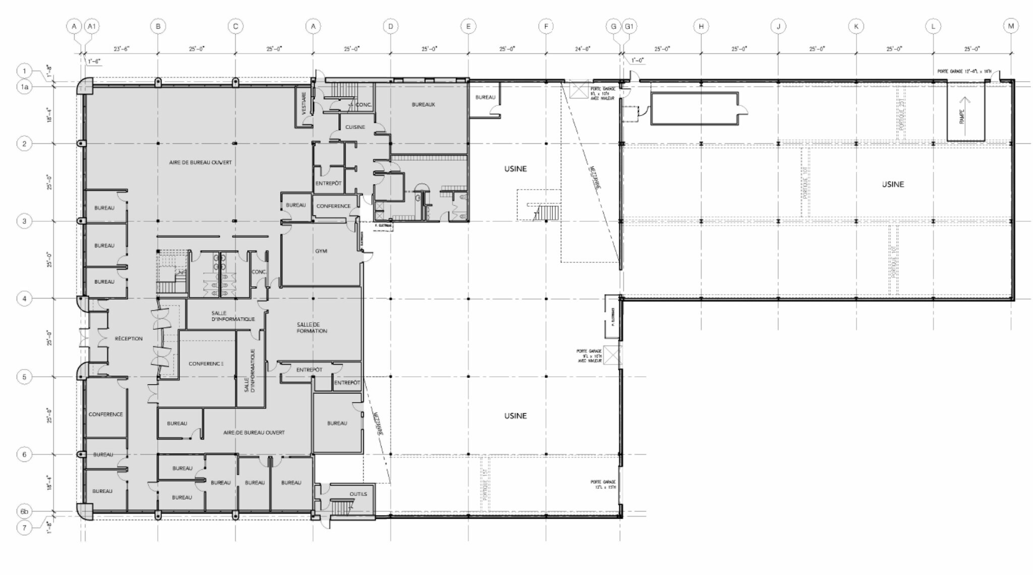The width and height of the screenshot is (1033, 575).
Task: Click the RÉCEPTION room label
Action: pyautogui.click(x=129, y=338)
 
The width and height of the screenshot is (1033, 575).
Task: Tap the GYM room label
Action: pyautogui.click(x=321, y=251)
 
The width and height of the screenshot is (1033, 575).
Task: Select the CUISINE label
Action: pyautogui.click(x=355, y=127)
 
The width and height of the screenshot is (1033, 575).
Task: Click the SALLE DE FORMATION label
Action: pyautogui.click(x=312, y=328)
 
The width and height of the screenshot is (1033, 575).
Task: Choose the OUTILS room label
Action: pyautogui.click(x=358, y=494)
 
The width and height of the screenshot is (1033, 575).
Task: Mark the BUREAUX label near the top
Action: pyautogui.click(x=423, y=104)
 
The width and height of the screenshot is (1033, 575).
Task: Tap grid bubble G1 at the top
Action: pyautogui.click(x=629, y=26)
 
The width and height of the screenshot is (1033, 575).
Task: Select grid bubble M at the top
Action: pyautogui.click(x=1011, y=26)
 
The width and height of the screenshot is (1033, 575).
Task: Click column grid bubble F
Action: pyautogui.click(x=546, y=26)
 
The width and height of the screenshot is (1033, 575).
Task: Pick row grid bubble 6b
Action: pyautogui.click(x=24, y=511)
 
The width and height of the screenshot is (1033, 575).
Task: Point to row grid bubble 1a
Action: pyautogui.click(x=24, y=87)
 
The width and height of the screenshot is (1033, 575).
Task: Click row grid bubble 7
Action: pyautogui.click(x=24, y=528)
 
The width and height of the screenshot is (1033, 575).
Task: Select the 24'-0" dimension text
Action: pyautogui.click(x=583, y=49)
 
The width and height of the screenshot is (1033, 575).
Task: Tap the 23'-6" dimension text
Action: pyautogui.click(x=122, y=49)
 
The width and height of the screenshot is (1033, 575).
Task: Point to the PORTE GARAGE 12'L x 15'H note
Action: pyautogui.click(x=603, y=484)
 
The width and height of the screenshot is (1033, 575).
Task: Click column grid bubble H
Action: pyautogui.click(x=701, y=26)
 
